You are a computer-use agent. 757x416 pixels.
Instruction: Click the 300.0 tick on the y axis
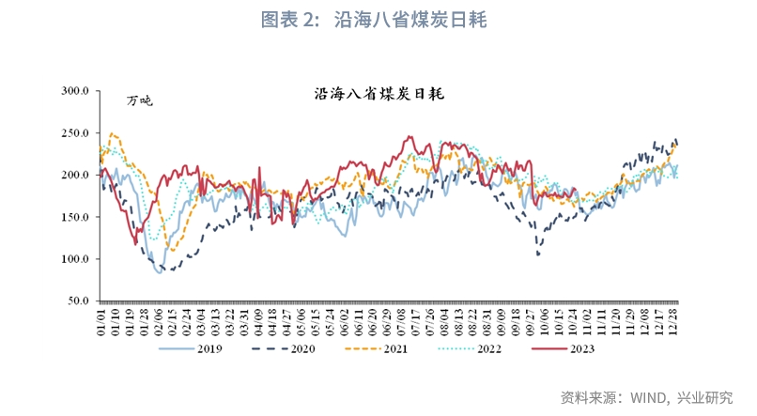[x=75, y=91]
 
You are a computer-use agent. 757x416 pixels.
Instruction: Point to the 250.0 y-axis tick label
[x=75, y=133]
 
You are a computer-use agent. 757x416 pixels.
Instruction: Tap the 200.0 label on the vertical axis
[x=75, y=176]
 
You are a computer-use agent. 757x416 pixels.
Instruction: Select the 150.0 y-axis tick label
[x=75, y=217]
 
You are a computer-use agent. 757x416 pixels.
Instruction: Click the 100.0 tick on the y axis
[x=75, y=259]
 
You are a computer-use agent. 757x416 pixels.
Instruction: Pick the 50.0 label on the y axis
[x=78, y=301]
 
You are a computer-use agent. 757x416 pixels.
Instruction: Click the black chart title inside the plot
[x=379, y=95]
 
